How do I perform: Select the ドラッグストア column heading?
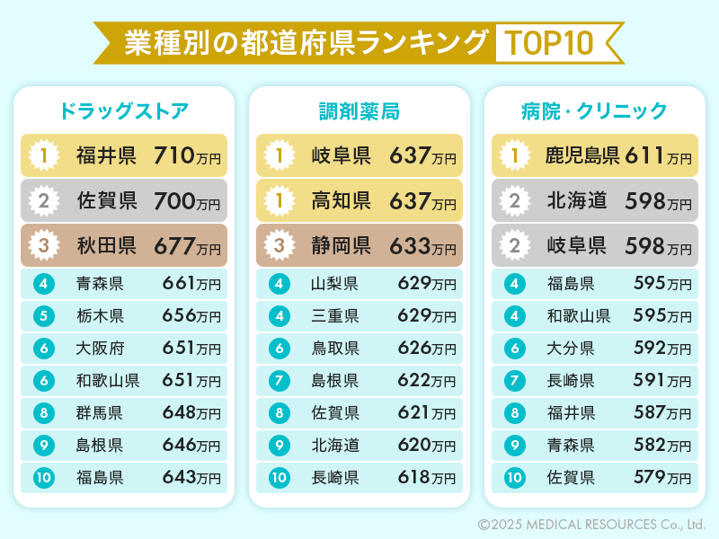(x=124, y=111)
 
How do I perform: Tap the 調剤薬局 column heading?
(x=359, y=111)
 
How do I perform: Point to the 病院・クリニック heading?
(x=594, y=111)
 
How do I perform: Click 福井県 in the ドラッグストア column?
(x=106, y=156)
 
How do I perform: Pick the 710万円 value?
(x=187, y=156)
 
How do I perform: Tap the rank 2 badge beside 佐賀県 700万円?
(x=43, y=201)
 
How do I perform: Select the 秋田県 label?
(x=106, y=245)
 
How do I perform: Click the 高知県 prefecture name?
(x=342, y=201)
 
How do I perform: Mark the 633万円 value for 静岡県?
(x=422, y=245)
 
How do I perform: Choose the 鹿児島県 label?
(x=582, y=156)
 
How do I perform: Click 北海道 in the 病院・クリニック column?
(x=577, y=201)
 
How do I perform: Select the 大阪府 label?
(x=100, y=349)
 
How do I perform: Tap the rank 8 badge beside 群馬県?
(x=43, y=413)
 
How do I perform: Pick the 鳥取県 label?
(x=335, y=349)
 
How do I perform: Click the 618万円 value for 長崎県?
(x=426, y=478)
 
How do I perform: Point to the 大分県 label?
(x=571, y=349)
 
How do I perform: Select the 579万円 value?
(x=662, y=478)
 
